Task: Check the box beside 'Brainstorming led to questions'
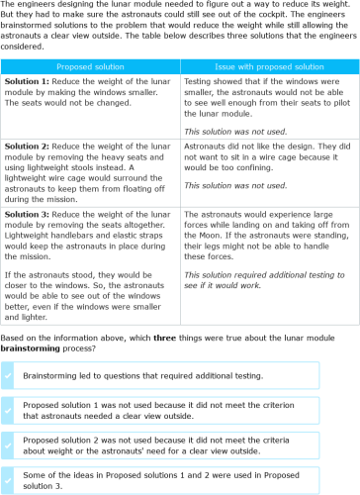click(9, 374)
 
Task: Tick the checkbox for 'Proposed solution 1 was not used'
click(9, 410)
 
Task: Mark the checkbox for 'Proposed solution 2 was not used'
click(9, 445)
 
